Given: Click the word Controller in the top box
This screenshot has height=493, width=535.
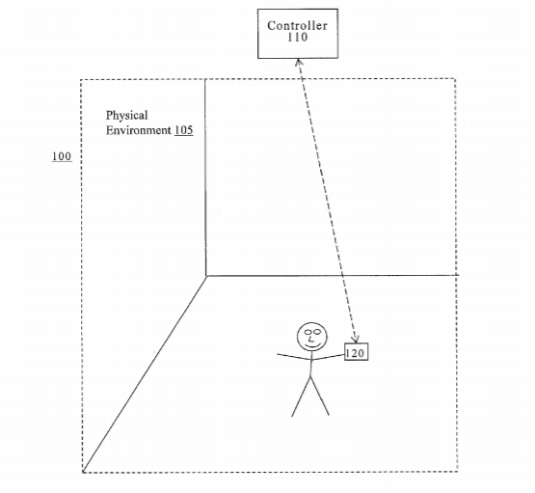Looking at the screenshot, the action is tap(297, 26).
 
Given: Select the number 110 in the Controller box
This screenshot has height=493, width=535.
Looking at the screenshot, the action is tap(297, 38).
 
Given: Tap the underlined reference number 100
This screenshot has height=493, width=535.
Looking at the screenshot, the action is tap(62, 156).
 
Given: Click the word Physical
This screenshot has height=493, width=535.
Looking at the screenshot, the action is tap(126, 116).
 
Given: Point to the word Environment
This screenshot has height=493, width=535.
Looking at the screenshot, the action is tap(138, 130).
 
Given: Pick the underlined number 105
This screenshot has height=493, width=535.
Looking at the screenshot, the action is tap(183, 130).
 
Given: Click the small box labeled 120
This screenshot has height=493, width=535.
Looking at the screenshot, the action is tap(357, 352).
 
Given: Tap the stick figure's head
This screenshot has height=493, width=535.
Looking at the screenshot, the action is tap(311, 337).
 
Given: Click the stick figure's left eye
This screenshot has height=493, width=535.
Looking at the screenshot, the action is tap(308, 332).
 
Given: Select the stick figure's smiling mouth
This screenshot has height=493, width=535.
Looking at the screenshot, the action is tap(312, 345).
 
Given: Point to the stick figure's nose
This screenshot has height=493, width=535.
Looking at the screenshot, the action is tap(310, 339).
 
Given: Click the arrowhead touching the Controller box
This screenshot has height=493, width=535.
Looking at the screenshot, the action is tap(298, 62).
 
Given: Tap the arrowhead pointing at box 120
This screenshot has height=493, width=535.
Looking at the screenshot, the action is tap(356, 340).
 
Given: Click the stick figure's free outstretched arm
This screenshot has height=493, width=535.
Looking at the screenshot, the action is tap(294, 357).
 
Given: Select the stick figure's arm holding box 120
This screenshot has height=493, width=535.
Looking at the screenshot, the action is tap(328, 358).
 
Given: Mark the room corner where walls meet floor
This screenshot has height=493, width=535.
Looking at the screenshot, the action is tap(206, 276).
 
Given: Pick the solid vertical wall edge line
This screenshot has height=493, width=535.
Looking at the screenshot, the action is tap(205, 178).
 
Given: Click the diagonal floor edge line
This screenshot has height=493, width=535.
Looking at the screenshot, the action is tap(145, 373).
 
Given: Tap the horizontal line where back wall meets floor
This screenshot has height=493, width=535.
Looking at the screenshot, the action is tap(333, 275).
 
